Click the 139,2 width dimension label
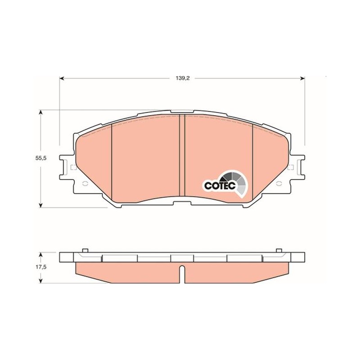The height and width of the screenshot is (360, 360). pyautogui.click(x=183, y=78)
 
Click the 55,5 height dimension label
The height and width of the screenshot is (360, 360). pyautogui.click(x=41, y=158)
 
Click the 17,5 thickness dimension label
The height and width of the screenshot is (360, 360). pyautogui.click(x=41, y=267)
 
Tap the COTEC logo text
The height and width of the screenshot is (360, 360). pyautogui.click(x=220, y=185)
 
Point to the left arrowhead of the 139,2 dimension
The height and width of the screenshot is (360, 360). pyautogui.click(x=61, y=78)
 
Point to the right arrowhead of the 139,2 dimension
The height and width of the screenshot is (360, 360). pyautogui.click(x=303, y=78)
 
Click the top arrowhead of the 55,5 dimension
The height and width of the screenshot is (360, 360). pyautogui.click(x=41, y=112)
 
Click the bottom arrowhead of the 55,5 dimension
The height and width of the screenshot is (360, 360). pyautogui.click(x=41, y=205)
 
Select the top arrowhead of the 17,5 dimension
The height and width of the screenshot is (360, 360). pyautogui.click(x=41, y=255)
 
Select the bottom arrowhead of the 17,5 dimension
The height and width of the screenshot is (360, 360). pyautogui.click(x=41, y=281)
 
